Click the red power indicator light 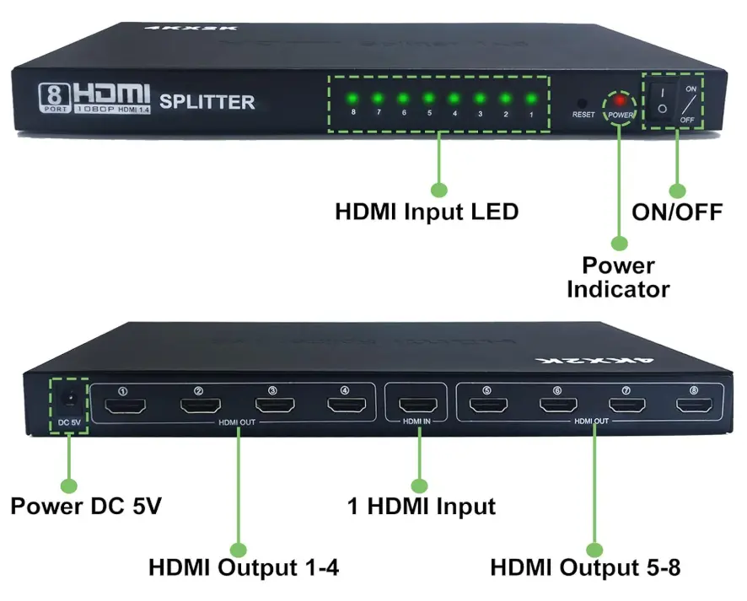click(x=620, y=100)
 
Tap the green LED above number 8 click(x=352, y=97)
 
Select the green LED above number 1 click(x=531, y=97)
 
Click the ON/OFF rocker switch click(x=664, y=101)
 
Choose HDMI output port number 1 click(x=126, y=408)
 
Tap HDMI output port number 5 click(x=486, y=405)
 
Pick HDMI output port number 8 click(x=693, y=406)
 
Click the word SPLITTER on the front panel click(x=207, y=102)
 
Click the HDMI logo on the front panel click(x=111, y=93)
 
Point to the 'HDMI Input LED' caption click(x=427, y=211)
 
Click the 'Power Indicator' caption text click(x=618, y=277)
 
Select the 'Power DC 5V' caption click(x=85, y=507)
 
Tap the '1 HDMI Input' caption click(x=422, y=507)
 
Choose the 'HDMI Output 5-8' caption click(x=585, y=567)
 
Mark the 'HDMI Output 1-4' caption click(x=244, y=567)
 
